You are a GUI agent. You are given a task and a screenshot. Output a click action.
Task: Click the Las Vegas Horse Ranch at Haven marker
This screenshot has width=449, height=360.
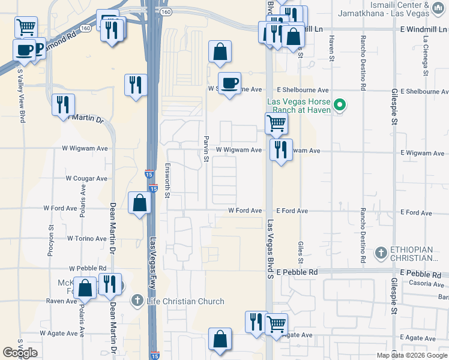pos(340,106)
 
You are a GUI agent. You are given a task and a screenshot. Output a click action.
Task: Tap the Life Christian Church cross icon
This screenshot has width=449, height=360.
pos(137,301)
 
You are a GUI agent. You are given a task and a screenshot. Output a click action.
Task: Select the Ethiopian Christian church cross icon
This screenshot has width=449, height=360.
pos(381,253)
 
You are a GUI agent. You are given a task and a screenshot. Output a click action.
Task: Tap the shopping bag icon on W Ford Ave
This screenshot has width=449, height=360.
pos(139,203)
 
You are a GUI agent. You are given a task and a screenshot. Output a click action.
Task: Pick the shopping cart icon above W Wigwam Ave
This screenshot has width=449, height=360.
pos(276,123)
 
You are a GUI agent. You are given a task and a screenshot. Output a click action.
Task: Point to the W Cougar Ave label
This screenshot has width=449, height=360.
pos(86,178)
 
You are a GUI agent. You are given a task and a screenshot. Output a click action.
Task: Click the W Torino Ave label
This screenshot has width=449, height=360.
pos(87,239)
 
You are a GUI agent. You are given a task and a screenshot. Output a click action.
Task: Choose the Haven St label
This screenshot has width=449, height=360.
pos(331,48)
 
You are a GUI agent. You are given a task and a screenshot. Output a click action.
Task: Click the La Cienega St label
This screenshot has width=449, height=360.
pos(426,48)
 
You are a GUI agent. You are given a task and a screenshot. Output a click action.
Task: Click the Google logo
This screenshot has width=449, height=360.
pos(20,353)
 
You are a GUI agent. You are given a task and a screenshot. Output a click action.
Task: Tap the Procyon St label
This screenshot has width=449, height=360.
pos(50,241)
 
